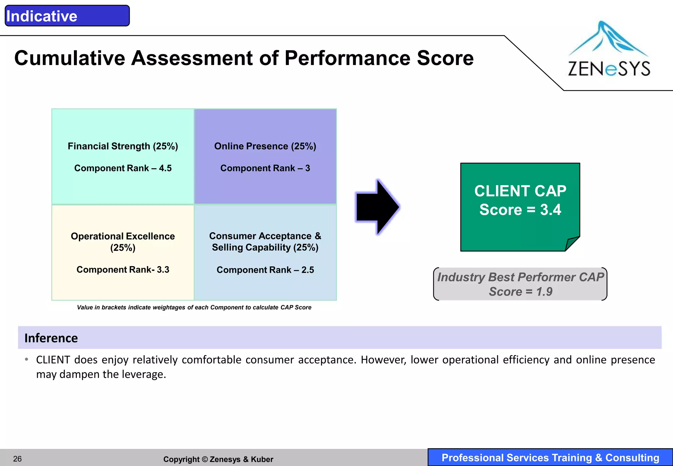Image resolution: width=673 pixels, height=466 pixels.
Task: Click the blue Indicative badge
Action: pyautogui.click(x=67, y=16)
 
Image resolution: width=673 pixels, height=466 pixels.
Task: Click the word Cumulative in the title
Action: pyautogui.click(x=69, y=58)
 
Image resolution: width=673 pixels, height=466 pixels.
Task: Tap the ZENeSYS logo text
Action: pyautogui.click(x=609, y=69)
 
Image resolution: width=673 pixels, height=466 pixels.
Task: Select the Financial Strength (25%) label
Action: pyautogui.click(x=123, y=146)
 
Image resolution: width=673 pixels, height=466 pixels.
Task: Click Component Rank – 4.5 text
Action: pyautogui.click(x=123, y=168)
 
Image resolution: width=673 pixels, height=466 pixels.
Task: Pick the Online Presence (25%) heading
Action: pyautogui.click(x=265, y=146)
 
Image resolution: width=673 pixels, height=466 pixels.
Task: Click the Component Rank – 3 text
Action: pyautogui.click(x=265, y=168)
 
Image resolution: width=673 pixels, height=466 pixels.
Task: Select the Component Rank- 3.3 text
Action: pyautogui.click(x=123, y=269)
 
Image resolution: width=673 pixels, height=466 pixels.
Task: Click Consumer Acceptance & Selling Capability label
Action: pyautogui.click(x=265, y=241)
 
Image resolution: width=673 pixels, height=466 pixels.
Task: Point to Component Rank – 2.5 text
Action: pyautogui.click(x=265, y=270)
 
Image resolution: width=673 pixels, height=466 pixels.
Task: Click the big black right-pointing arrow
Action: pyautogui.click(x=378, y=207)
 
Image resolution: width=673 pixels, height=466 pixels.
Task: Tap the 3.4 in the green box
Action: pyautogui.click(x=550, y=210)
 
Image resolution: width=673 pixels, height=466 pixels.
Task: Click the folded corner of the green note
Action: pyautogui.click(x=572, y=244)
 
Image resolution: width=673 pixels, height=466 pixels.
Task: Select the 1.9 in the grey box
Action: pyautogui.click(x=544, y=291)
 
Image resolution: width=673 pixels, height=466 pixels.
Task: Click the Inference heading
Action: pyautogui.click(x=51, y=338)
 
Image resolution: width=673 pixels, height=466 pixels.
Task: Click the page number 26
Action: pyautogui.click(x=17, y=459)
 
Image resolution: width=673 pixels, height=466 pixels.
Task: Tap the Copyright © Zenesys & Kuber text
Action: pyautogui.click(x=218, y=459)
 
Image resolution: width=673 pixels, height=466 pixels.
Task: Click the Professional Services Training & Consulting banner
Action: pyautogui.click(x=550, y=457)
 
